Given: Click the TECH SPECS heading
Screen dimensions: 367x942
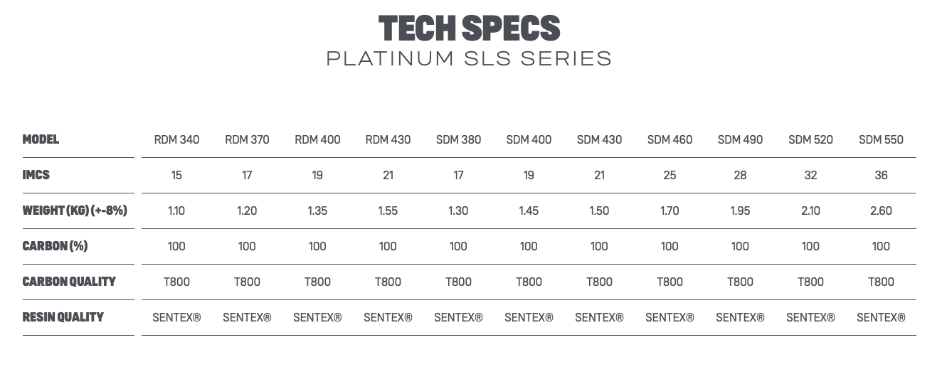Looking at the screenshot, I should (x=470, y=28).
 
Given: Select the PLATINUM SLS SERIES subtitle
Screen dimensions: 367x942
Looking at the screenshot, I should (x=470, y=58).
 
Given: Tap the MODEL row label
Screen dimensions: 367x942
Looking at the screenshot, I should (x=41, y=139).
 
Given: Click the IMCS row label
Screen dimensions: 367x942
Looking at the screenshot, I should (x=36, y=175).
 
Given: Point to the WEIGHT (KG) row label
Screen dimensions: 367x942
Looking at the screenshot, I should (x=75, y=211).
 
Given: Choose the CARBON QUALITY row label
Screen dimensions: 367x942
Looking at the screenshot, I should (x=69, y=282).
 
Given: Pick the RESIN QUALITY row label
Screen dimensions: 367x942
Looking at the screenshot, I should (x=63, y=317).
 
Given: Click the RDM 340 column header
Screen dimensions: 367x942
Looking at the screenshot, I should (x=176, y=139).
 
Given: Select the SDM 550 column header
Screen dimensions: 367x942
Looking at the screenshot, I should (x=881, y=139).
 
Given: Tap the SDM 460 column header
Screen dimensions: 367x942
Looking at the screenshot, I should (x=670, y=139).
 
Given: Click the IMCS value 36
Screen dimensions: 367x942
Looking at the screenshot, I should (x=881, y=175).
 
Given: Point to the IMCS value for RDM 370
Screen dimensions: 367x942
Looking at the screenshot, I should (x=247, y=175).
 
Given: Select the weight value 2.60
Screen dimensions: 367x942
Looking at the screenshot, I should (x=881, y=211).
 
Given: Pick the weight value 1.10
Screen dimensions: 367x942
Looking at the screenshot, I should (x=176, y=211).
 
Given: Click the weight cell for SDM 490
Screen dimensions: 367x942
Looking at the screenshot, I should (x=740, y=211).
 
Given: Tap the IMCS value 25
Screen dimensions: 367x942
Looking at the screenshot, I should (x=670, y=175).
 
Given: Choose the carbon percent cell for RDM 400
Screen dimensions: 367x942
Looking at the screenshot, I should (x=317, y=246).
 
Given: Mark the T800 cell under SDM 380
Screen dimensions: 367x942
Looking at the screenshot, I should (x=458, y=282).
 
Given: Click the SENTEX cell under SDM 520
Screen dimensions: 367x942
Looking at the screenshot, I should (x=810, y=317).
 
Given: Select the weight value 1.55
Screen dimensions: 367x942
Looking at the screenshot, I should (x=388, y=211).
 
